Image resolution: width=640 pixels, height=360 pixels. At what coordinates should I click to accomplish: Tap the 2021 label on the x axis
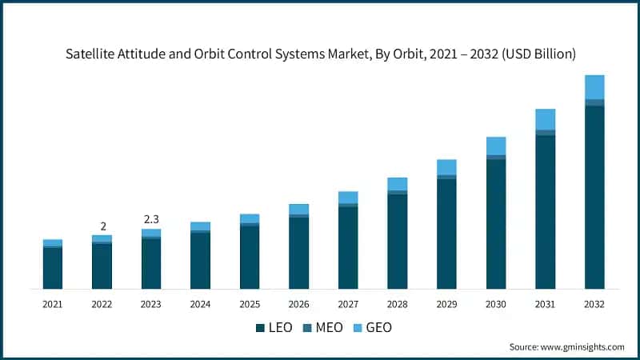point(53,304)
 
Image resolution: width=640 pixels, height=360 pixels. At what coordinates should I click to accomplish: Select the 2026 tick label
point(298,304)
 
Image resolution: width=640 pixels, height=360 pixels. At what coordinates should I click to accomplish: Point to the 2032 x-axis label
point(594,304)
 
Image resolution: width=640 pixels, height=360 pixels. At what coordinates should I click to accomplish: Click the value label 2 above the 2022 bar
point(102,226)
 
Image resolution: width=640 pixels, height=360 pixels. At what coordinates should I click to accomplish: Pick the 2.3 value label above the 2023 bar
point(151,218)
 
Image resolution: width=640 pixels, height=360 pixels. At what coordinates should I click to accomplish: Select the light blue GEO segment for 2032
point(594,87)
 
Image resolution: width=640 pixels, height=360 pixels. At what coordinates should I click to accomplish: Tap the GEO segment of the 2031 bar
point(546,119)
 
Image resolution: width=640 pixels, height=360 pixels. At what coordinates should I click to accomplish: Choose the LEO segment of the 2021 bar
point(53,268)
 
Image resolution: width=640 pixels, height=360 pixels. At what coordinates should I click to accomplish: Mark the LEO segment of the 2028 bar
point(398,241)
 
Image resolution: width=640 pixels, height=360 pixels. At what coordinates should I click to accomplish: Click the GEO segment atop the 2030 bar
point(496,146)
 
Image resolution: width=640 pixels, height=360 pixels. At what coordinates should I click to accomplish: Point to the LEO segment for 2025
point(250,257)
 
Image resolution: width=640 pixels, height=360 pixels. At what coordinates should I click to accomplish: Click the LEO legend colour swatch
point(260,328)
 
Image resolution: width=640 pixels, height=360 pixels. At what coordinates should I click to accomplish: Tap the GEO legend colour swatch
point(358,328)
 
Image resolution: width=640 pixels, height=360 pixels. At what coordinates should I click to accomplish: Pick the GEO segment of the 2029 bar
point(446,166)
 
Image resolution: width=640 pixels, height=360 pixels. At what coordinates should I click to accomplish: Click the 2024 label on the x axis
point(201,304)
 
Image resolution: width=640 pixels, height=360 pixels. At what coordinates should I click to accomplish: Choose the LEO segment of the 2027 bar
point(348,247)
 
